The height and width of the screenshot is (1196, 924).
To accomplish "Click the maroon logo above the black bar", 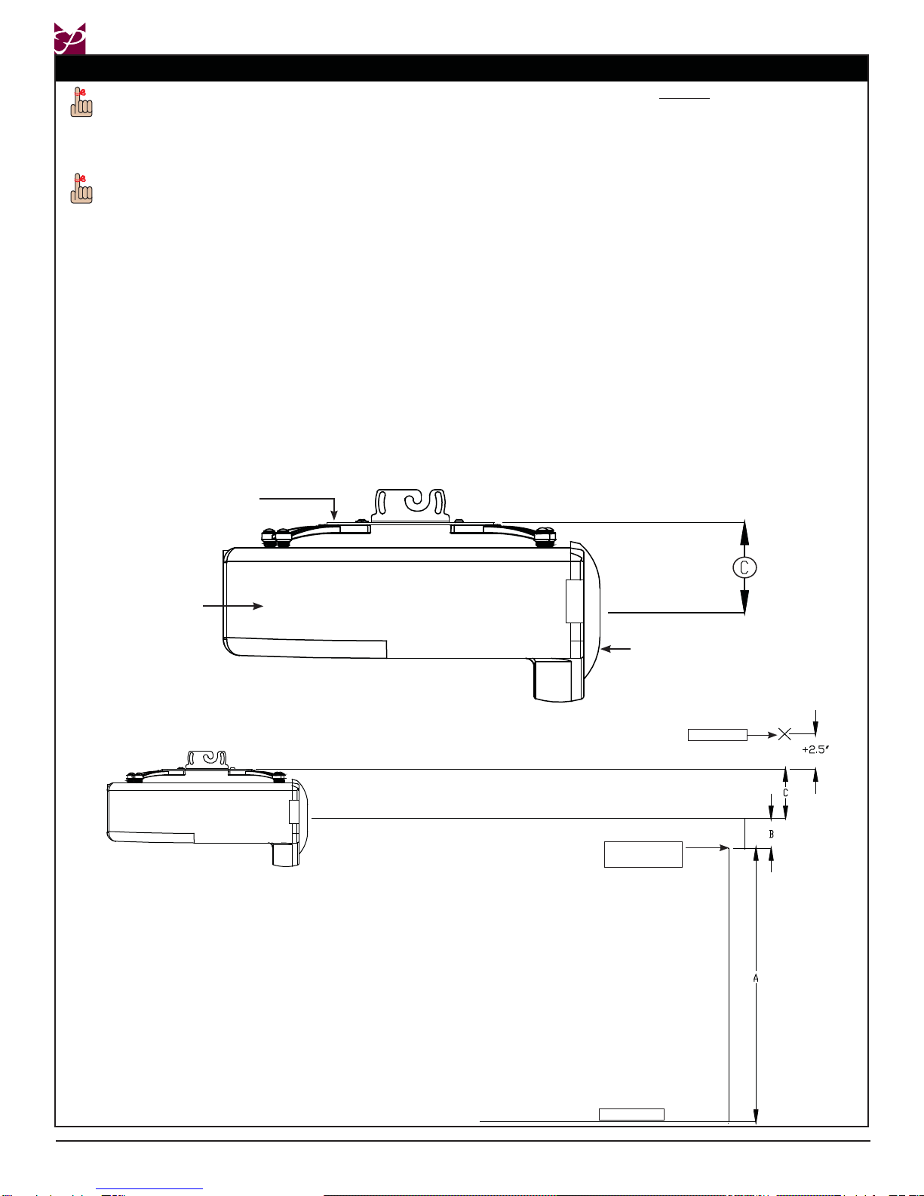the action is click(x=70, y=38).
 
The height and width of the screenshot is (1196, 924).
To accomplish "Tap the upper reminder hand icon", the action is click(x=81, y=103).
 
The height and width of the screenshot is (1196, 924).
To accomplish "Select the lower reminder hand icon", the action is click(x=81, y=189).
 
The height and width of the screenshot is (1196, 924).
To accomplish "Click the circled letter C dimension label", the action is click(x=744, y=567).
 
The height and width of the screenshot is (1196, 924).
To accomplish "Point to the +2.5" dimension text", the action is click(x=815, y=749).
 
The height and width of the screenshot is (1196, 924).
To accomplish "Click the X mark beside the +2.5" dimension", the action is click(x=785, y=734).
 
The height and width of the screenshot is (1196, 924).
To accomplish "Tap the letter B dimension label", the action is click(x=771, y=835).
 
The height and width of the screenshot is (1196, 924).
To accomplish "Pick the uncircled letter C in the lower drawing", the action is click(x=785, y=792).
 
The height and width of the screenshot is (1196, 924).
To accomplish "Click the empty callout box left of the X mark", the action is click(x=717, y=735).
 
